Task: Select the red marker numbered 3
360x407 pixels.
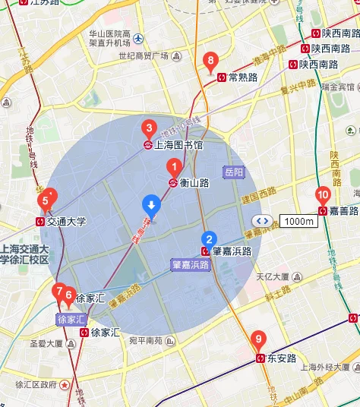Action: click(150, 128)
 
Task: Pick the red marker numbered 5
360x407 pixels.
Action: click(46, 201)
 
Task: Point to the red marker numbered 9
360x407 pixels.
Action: click(259, 339)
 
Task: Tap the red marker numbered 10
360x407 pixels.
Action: click(323, 194)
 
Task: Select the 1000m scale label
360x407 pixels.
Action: click(298, 221)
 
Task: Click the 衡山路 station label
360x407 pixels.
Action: click(194, 182)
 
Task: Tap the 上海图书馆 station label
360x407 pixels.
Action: click(178, 144)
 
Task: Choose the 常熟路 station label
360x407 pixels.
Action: click(243, 77)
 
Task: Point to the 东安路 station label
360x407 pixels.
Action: click(282, 358)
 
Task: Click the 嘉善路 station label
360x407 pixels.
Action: click(344, 210)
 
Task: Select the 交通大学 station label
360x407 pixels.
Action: click(66, 222)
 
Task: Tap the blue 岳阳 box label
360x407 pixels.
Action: click(234, 172)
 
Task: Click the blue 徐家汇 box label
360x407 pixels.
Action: click(73, 320)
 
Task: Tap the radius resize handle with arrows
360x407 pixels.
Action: click(262, 221)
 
